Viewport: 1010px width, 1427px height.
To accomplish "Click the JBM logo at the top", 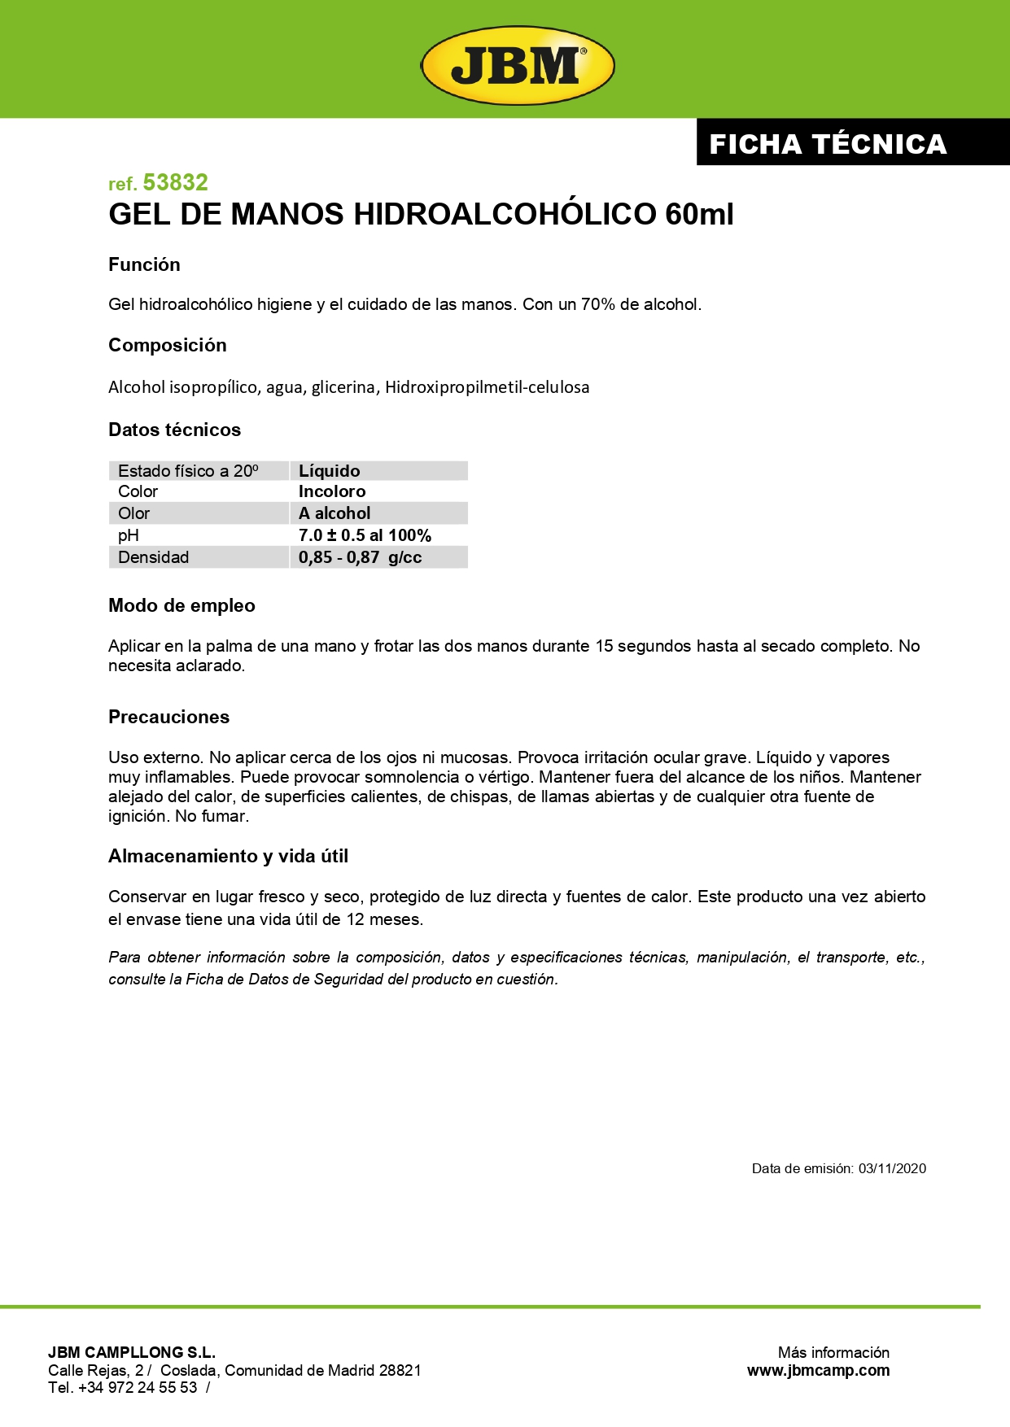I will click(x=517, y=65).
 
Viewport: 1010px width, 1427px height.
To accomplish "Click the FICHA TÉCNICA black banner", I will click(x=828, y=144).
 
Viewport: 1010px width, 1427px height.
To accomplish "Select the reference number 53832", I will click(x=175, y=182).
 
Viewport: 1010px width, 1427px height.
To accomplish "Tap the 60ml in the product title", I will click(x=699, y=215).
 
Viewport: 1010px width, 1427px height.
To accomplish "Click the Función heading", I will click(x=144, y=264).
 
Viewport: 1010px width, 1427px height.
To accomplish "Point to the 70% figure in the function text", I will click(x=597, y=304).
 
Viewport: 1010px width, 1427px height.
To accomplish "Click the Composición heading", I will click(x=168, y=345).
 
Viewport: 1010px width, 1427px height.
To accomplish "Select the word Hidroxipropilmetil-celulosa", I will click(x=487, y=387).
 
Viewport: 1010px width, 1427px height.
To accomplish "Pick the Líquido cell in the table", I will click(x=329, y=471).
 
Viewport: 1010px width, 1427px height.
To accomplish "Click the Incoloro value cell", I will click(x=332, y=491).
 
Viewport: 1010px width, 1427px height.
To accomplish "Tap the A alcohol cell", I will click(x=334, y=513).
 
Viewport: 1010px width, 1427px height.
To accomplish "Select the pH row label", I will click(x=129, y=535).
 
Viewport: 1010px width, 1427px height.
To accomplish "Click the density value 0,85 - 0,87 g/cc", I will click(x=360, y=557).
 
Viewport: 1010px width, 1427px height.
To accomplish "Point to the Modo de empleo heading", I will click(x=181, y=605).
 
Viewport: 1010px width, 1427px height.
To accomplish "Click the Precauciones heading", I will click(x=168, y=717).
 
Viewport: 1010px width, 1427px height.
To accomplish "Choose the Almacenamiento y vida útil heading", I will click(x=228, y=856).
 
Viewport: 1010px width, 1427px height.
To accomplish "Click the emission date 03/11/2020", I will click(x=892, y=1168).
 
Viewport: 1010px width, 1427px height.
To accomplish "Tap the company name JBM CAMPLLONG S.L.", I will click(x=132, y=1352).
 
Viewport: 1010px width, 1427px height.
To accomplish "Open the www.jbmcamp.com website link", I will click(x=818, y=1371).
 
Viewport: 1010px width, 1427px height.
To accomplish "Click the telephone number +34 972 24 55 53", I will click(x=138, y=1388).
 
